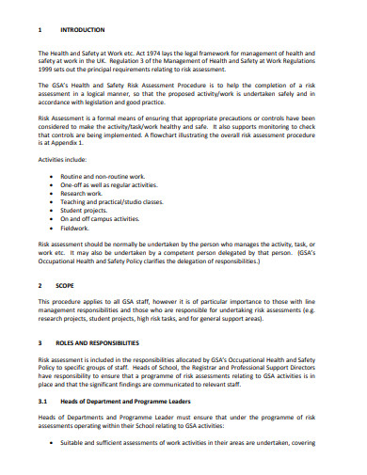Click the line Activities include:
coord(69,159)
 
